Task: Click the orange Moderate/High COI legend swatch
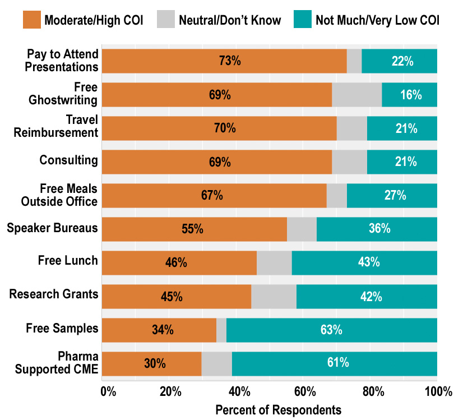pos(32,20)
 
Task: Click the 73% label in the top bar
pos(230,61)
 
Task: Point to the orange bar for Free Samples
pos(159,330)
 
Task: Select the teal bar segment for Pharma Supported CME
pos(334,363)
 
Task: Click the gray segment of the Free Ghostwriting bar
pos(356,95)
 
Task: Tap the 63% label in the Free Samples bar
pos(331,330)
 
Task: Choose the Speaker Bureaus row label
pos(52,228)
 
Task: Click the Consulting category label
pos(68,160)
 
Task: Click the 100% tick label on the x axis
pos(438,391)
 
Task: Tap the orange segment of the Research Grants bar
pos(176,296)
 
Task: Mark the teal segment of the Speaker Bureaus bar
pos(377,229)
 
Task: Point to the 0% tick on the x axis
pos(108,391)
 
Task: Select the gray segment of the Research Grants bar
pos(274,296)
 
